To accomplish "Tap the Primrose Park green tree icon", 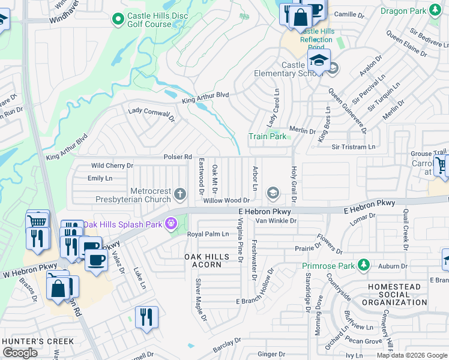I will (363, 265).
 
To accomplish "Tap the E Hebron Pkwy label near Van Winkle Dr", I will (265, 212).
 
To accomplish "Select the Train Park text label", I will (268, 136).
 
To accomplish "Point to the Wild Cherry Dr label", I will (112, 165).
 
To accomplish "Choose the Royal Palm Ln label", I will (208, 234).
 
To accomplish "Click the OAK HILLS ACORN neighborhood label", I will (206, 261).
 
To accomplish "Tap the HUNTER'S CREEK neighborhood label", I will (38, 341).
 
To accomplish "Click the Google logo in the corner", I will (20, 353).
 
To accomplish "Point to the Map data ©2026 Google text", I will (412, 355).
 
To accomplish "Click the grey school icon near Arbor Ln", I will (273, 192).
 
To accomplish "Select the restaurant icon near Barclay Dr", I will (146, 316).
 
